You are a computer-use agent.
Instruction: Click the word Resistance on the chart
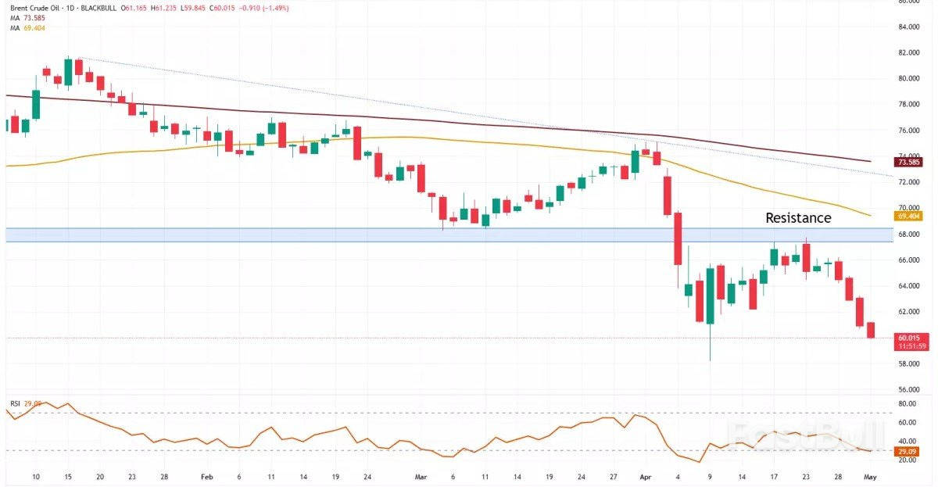[797, 218]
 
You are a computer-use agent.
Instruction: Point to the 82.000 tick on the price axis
[908, 52]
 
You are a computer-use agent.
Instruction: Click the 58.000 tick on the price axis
[908, 363]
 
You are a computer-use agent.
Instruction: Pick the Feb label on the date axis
[206, 475]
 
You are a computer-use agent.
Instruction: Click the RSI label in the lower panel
[15, 403]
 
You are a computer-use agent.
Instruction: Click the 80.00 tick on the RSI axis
[908, 404]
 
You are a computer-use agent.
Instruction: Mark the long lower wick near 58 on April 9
[710, 344]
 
